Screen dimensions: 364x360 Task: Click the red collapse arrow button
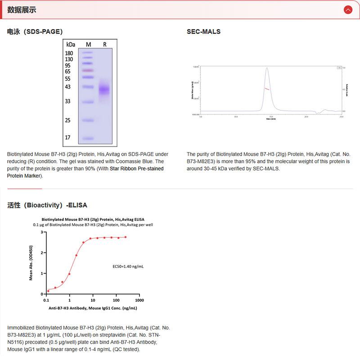pyautogui.click(x=347, y=9)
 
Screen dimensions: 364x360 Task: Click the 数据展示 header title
pyautogui.click(x=22, y=10)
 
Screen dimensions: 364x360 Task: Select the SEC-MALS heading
pyautogui.click(x=203, y=31)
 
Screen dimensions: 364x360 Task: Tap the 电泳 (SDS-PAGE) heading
pyautogui.click(x=35, y=31)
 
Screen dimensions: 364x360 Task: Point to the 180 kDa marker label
pyautogui.click(x=69, y=53)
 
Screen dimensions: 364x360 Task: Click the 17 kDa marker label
pyautogui.click(x=68, y=137)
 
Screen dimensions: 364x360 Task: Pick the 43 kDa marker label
pyautogui.click(x=68, y=86)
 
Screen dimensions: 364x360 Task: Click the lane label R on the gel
pyautogui.click(x=104, y=44)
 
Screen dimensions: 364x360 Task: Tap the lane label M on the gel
pyautogui.click(x=88, y=44)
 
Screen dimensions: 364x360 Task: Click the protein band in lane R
pyautogui.click(x=104, y=90)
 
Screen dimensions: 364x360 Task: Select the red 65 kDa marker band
pyautogui.click(x=88, y=71)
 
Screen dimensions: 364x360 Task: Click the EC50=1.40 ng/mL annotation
pyautogui.click(x=128, y=266)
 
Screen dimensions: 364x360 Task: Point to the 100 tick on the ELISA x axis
pyautogui.click(x=116, y=300)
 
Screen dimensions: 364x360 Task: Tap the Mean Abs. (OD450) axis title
pyautogui.click(x=31, y=263)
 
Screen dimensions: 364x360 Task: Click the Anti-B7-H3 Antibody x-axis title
pyautogui.click(x=93, y=308)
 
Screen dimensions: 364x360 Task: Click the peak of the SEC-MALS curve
pyautogui.click(x=267, y=68)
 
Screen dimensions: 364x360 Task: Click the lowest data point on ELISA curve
pyautogui.click(x=48, y=291)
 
